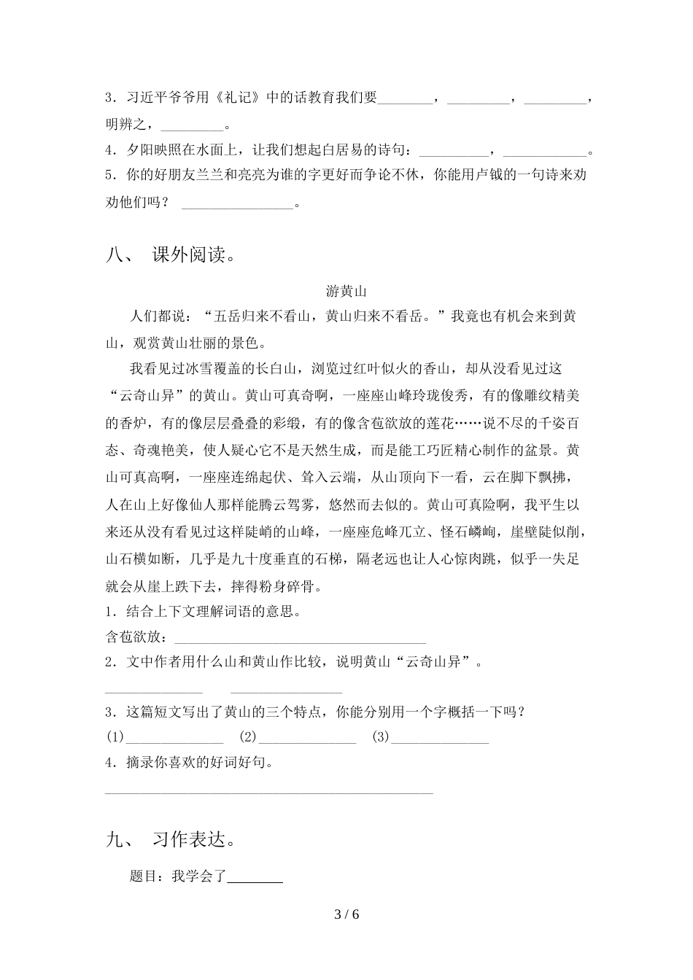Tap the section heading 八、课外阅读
(169, 255)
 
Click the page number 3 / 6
(346, 914)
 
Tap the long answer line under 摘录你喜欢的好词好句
(270, 792)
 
